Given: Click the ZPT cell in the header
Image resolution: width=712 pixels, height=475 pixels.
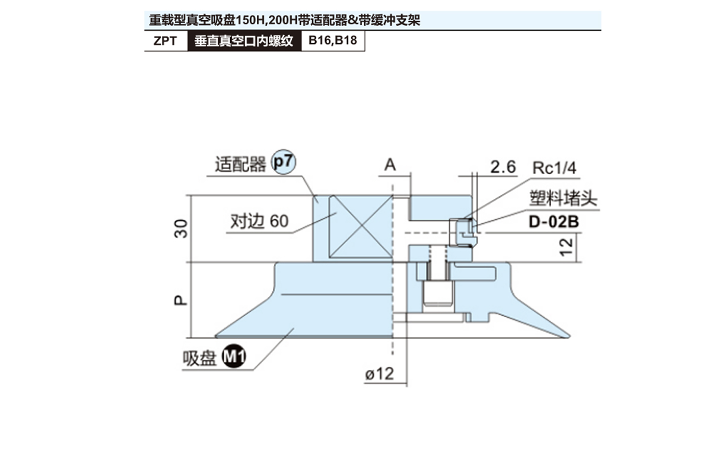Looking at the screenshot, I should tap(166, 42).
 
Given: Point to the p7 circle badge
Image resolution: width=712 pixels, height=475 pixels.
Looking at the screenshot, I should tap(283, 163).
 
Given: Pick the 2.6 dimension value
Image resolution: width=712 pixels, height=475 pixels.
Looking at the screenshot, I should tap(503, 167).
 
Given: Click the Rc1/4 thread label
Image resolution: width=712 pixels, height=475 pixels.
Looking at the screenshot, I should tap(554, 167).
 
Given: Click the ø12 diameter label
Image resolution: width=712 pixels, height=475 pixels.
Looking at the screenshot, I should tap(379, 375).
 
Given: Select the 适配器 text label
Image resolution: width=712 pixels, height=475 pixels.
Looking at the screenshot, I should tap(240, 164).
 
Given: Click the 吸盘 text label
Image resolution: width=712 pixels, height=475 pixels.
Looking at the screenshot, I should tap(199, 358).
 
